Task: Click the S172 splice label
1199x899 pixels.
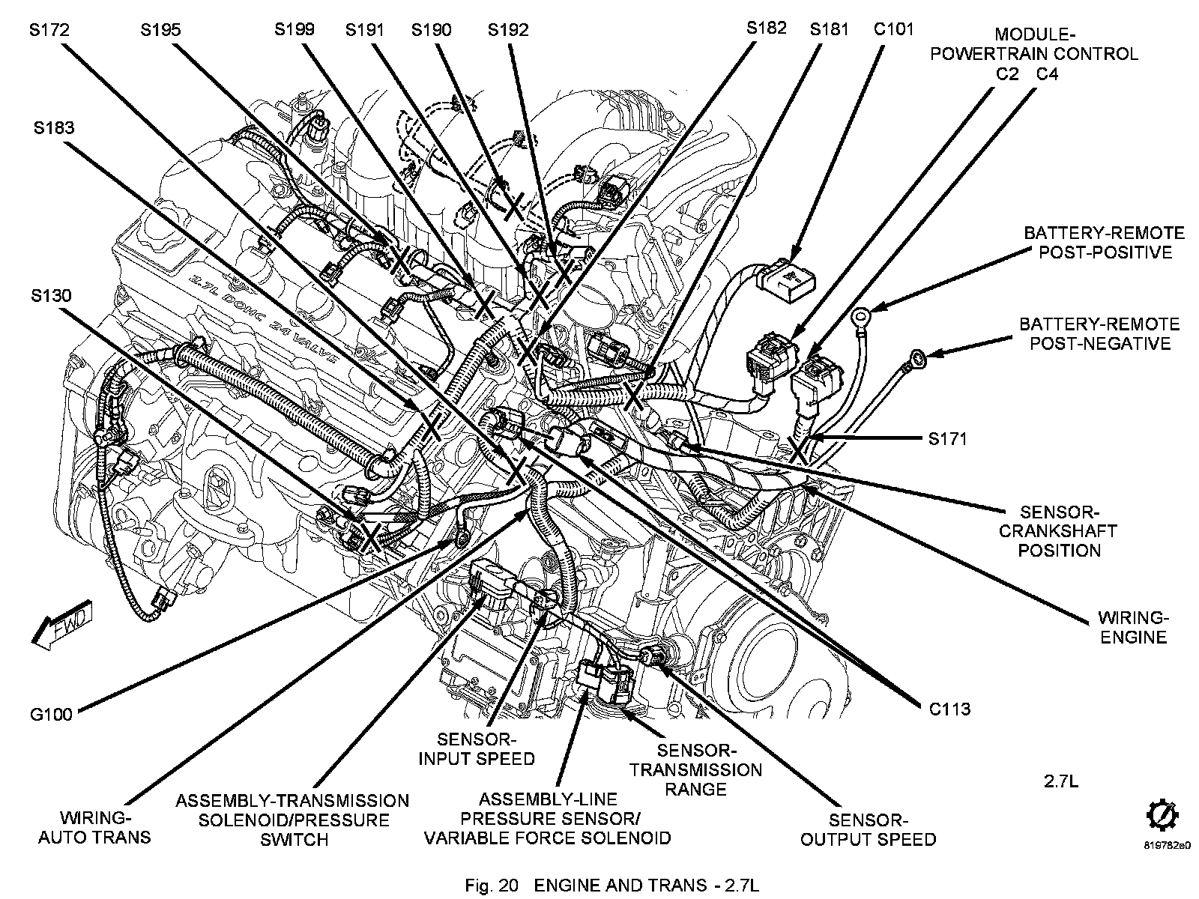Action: [49, 31]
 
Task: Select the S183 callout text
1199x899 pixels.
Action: [53, 128]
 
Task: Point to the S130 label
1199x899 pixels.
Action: [51, 296]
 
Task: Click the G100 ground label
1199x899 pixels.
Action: [51, 714]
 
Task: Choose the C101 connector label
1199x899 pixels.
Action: [893, 30]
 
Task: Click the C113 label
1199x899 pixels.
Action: [949, 708]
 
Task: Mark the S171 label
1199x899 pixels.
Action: [947, 438]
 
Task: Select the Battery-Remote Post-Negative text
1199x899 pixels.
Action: [1099, 334]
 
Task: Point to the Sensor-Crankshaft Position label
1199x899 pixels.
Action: [1058, 531]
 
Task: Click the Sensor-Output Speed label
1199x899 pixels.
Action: [869, 829]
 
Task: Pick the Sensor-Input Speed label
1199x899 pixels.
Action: [477, 748]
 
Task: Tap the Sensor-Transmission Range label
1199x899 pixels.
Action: [695, 769]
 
